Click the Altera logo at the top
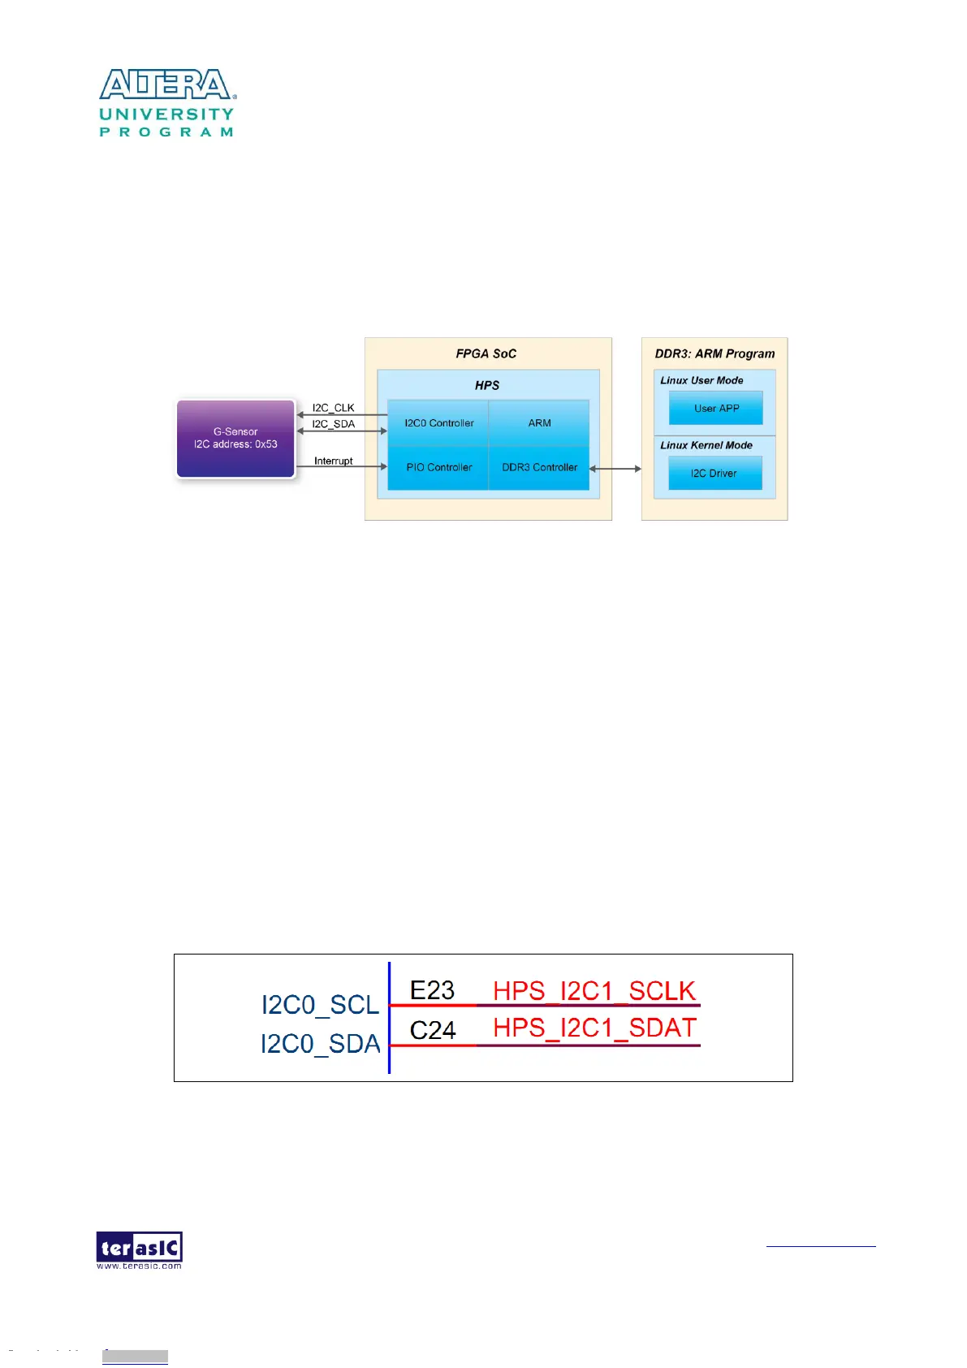pyautogui.click(x=166, y=102)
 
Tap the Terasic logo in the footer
pyautogui.click(x=139, y=1249)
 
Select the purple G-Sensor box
pyautogui.click(x=235, y=439)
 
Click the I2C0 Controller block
pyautogui.click(x=438, y=423)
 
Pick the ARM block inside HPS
pyautogui.click(x=539, y=423)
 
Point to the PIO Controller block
pyautogui.click(x=438, y=468)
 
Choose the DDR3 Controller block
pyautogui.click(x=539, y=468)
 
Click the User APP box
pyautogui.click(x=716, y=409)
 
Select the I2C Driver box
pyautogui.click(x=714, y=474)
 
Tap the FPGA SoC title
pyautogui.click(x=486, y=354)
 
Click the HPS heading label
pyautogui.click(x=487, y=386)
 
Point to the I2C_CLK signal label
pyautogui.click(x=333, y=408)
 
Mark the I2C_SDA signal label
pyautogui.click(x=333, y=424)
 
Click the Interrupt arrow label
pyautogui.click(x=333, y=461)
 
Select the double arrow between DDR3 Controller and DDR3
pyautogui.click(x=615, y=469)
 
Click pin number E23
pyautogui.click(x=432, y=990)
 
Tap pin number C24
pyautogui.click(x=433, y=1030)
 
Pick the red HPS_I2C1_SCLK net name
pyautogui.click(x=594, y=991)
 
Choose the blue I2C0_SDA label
pyautogui.click(x=320, y=1044)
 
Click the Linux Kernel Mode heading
pyautogui.click(x=706, y=445)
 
